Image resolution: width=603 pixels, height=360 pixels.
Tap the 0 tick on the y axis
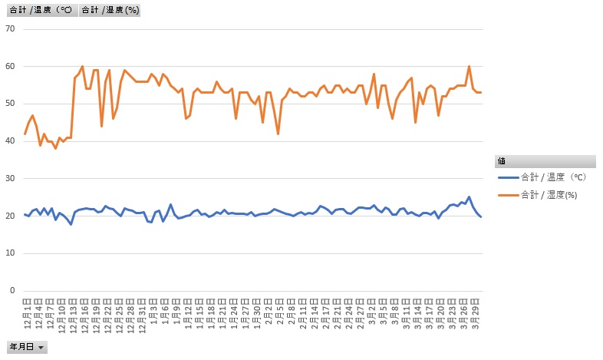(12, 291)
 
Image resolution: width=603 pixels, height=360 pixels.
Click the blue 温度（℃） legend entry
(552, 177)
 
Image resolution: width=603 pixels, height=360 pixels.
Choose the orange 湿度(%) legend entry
(549, 193)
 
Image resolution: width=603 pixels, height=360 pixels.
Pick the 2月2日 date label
(269, 311)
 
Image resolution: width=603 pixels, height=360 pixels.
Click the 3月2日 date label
(374, 311)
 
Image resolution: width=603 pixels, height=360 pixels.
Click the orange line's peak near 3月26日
(469, 67)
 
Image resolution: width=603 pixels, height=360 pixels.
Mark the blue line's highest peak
(469, 197)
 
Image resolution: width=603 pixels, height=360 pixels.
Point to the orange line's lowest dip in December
(55, 148)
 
